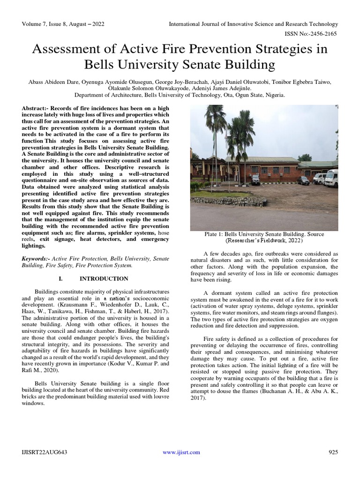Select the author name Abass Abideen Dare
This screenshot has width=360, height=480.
[49, 82]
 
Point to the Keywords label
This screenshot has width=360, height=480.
[36, 258]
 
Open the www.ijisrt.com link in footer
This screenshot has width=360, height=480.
[181, 452]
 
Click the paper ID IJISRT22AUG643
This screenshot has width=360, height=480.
[45, 452]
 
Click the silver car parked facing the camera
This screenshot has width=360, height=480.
[255, 179]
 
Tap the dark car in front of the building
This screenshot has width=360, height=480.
[303, 180]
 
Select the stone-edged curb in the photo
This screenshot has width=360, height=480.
[230, 201]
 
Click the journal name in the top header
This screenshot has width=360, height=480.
[253, 24]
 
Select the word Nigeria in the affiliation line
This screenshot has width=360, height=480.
[274, 94]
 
